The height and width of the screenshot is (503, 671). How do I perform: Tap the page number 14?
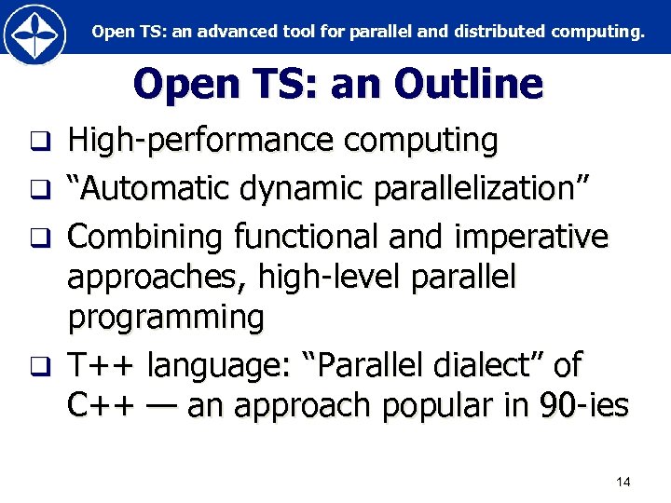pyautogui.click(x=623, y=482)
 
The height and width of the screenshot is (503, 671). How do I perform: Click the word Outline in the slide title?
pyautogui.click(x=468, y=85)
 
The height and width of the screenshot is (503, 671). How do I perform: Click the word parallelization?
pyautogui.click(x=482, y=189)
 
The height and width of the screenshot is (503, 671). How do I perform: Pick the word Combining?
pyautogui.click(x=146, y=238)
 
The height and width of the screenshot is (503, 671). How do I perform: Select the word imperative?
pyautogui.click(x=530, y=238)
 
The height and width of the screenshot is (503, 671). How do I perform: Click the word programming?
pyautogui.click(x=166, y=318)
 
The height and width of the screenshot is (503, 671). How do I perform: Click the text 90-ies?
pyautogui.click(x=583, y=406)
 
